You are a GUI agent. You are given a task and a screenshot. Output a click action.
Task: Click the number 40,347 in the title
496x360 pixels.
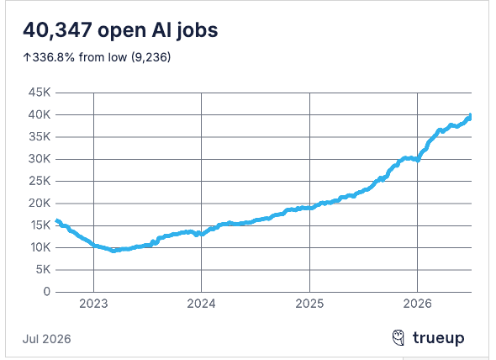(57, 30)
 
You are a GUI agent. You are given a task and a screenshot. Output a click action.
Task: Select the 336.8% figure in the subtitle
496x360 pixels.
(54, 57)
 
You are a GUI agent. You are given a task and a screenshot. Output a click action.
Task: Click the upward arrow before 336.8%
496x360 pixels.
(27, 57)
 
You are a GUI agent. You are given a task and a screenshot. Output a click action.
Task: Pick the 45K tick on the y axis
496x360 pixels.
(40, 93)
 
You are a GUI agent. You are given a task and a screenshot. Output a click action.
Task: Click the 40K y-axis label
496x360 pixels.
(40, 114)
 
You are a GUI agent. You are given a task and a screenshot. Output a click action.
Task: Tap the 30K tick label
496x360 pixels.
(40, 159)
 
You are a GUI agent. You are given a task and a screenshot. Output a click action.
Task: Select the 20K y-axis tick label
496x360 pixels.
(40, 204)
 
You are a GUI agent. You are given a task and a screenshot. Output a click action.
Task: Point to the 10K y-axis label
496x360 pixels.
(40, 247)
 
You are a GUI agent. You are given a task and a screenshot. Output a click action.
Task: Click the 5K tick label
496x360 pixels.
(43, 269)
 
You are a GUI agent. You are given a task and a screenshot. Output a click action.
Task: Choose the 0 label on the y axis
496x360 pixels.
(47, 292)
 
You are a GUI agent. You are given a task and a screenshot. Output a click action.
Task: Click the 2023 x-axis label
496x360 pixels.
(93, 304)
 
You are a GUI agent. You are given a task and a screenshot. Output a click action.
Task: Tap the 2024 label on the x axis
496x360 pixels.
(201, 304)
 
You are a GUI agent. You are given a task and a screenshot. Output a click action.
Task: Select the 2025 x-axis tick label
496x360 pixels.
(309, 304)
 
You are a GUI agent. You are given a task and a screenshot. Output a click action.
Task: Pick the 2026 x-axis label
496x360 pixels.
(417, 304)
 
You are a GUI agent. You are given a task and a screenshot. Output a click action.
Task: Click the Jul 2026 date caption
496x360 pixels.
(46, 339)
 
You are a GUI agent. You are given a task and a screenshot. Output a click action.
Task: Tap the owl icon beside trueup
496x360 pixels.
(398, 337)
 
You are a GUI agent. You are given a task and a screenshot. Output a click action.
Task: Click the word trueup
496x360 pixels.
(439, 338)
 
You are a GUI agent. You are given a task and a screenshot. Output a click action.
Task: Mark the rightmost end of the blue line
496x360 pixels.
(471, 115)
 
